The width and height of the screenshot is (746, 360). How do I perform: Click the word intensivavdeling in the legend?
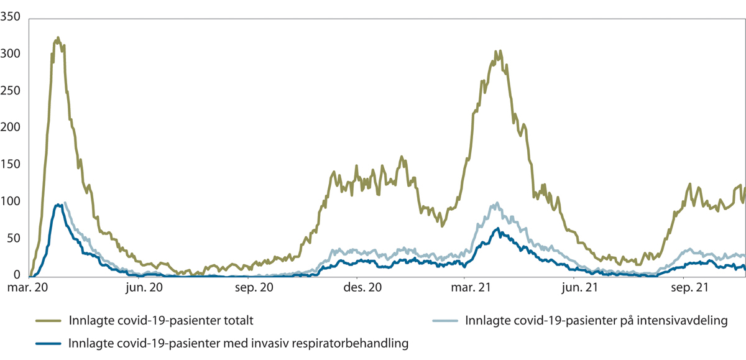point(690,321)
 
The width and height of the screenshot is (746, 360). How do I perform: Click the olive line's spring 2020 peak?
point(58,38)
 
